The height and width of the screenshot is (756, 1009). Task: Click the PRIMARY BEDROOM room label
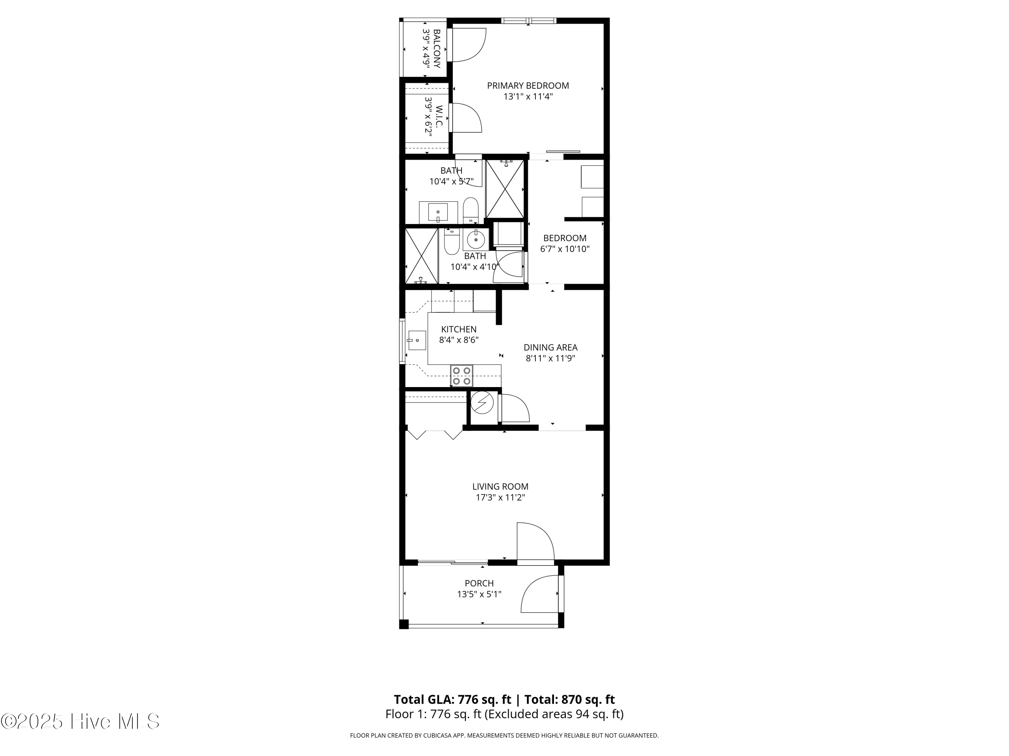pyautogui.click(x=528, y=86)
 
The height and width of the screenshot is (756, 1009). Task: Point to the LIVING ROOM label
pyautogui.click(x=500, y=487)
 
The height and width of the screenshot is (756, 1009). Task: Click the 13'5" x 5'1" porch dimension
pyautogui.click(x=479, y=594)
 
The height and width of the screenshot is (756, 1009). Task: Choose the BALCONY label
pyautogui.click(x=437, y=49)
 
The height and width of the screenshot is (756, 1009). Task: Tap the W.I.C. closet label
pyautogui.click(x=439, y=116)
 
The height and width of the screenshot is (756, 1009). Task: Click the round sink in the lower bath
pyautogui.click(x=476, y=239)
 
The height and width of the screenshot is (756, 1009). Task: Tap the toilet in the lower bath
pyautogui.click(x=452, y=242)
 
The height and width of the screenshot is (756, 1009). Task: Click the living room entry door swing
pyautogui.click(x=535, y=541)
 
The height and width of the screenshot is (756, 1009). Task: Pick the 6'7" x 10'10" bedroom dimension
pyautogui.click(x=565, y=249)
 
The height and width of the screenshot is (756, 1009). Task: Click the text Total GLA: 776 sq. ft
pyautogui.click(x=452, y=700)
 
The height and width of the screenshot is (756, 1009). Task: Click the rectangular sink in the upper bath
pyautogui.click(x=438, y=212)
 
